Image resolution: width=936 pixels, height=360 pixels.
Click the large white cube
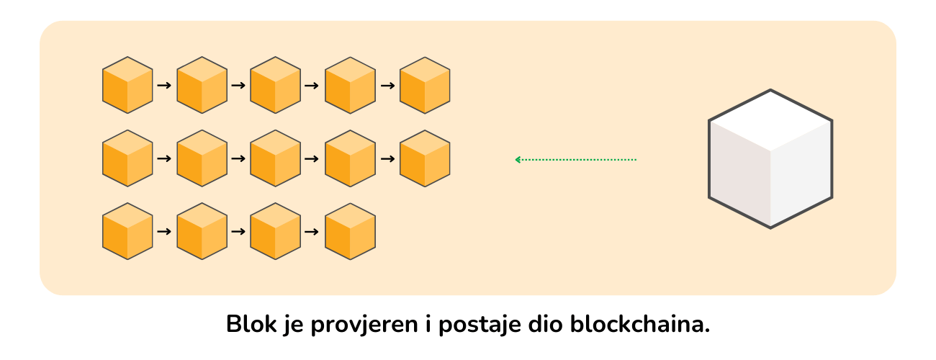(x=770, y=159)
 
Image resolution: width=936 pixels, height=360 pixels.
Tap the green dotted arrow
(x=576, y=159)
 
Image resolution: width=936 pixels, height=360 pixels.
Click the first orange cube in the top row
(x=127, y=85)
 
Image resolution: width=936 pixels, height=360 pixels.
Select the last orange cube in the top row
(x=425, y=85)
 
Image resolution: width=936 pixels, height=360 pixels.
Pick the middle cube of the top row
(x=276, y=85)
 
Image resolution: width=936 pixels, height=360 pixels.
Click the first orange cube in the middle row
(x=127, y=158)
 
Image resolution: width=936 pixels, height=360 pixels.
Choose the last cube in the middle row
(x=425, y=158)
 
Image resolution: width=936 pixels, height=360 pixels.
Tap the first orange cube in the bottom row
(x=127, y=231)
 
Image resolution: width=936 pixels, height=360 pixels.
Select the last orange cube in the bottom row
(x=351, y=231)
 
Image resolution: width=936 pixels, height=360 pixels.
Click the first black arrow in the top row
(x=165, y=86)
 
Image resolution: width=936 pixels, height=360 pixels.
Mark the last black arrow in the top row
(x=387, y=86)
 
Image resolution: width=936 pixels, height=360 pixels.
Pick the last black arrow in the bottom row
(x=313, y=232)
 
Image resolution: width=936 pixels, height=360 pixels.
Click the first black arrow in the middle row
(x=165, y=158)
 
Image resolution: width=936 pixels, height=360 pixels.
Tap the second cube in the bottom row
(x=202, y=231)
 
